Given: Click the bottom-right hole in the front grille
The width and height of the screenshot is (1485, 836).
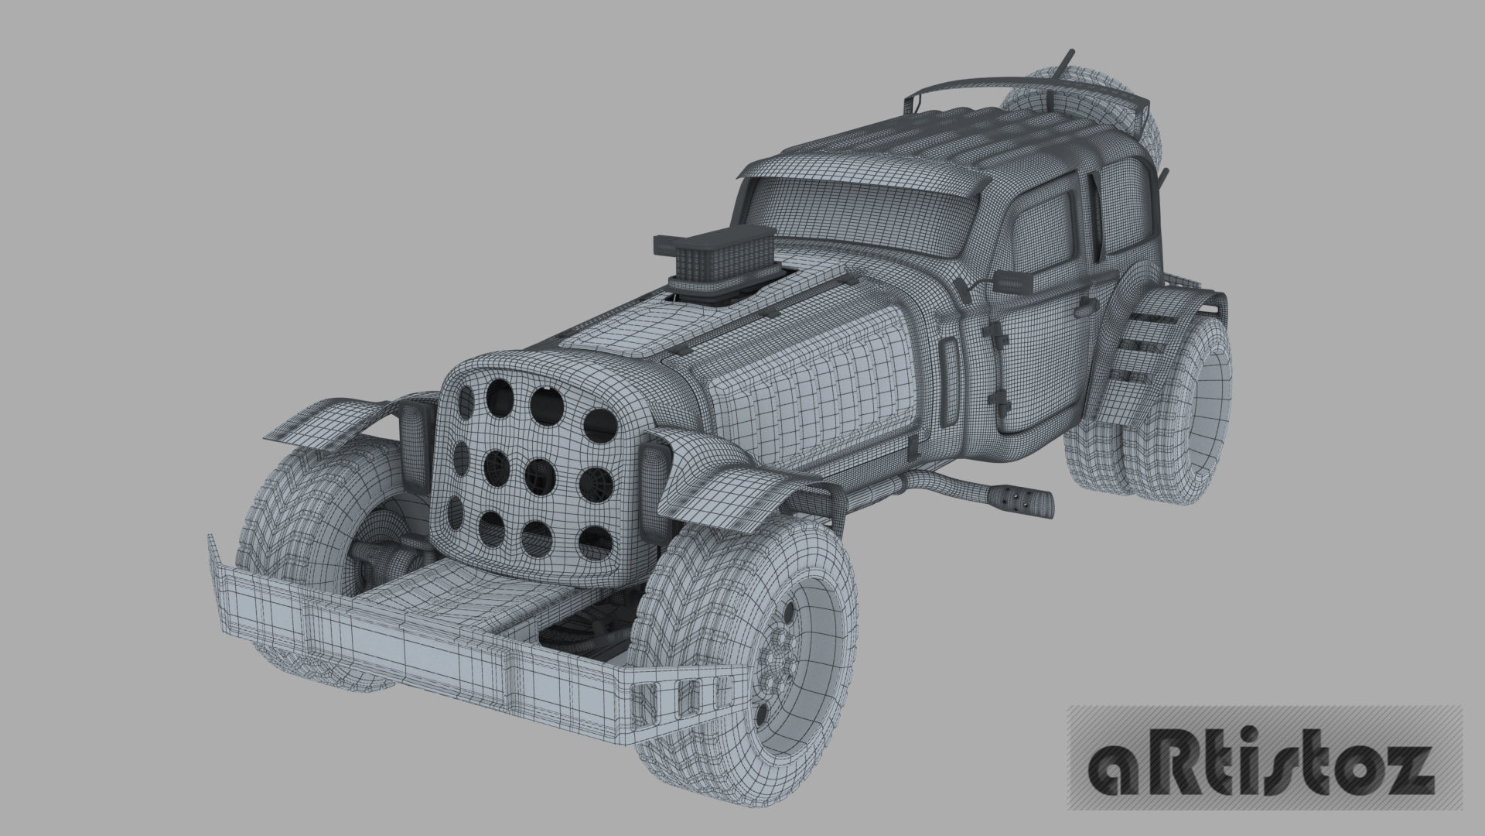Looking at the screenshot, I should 592,546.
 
